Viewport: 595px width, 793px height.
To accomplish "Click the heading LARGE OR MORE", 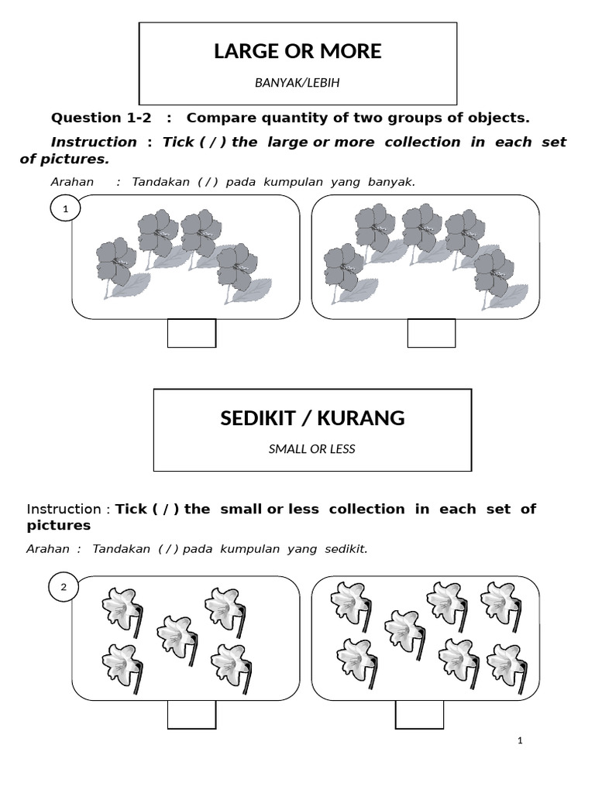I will [297, 52].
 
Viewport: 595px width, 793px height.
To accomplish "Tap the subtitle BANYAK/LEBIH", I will [297, 83].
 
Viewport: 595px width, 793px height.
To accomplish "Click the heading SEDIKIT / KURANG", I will [312, 418].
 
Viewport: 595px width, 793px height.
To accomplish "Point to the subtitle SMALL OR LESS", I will [311, 449].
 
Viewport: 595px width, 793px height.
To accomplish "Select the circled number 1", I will [66, 209].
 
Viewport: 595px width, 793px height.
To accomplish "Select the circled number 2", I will [64, 588].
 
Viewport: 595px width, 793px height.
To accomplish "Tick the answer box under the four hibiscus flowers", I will [191, 333].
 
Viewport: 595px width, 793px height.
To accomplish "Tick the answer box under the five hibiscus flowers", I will [432, 333].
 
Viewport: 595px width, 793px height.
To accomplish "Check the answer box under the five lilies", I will [191, 714].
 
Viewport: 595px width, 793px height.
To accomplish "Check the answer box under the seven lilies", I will [419, 714].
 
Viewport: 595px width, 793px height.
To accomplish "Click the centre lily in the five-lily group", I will [177, 637].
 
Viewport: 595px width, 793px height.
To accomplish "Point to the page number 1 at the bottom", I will [520, 741].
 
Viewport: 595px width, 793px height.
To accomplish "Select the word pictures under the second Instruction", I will [58, 525].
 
